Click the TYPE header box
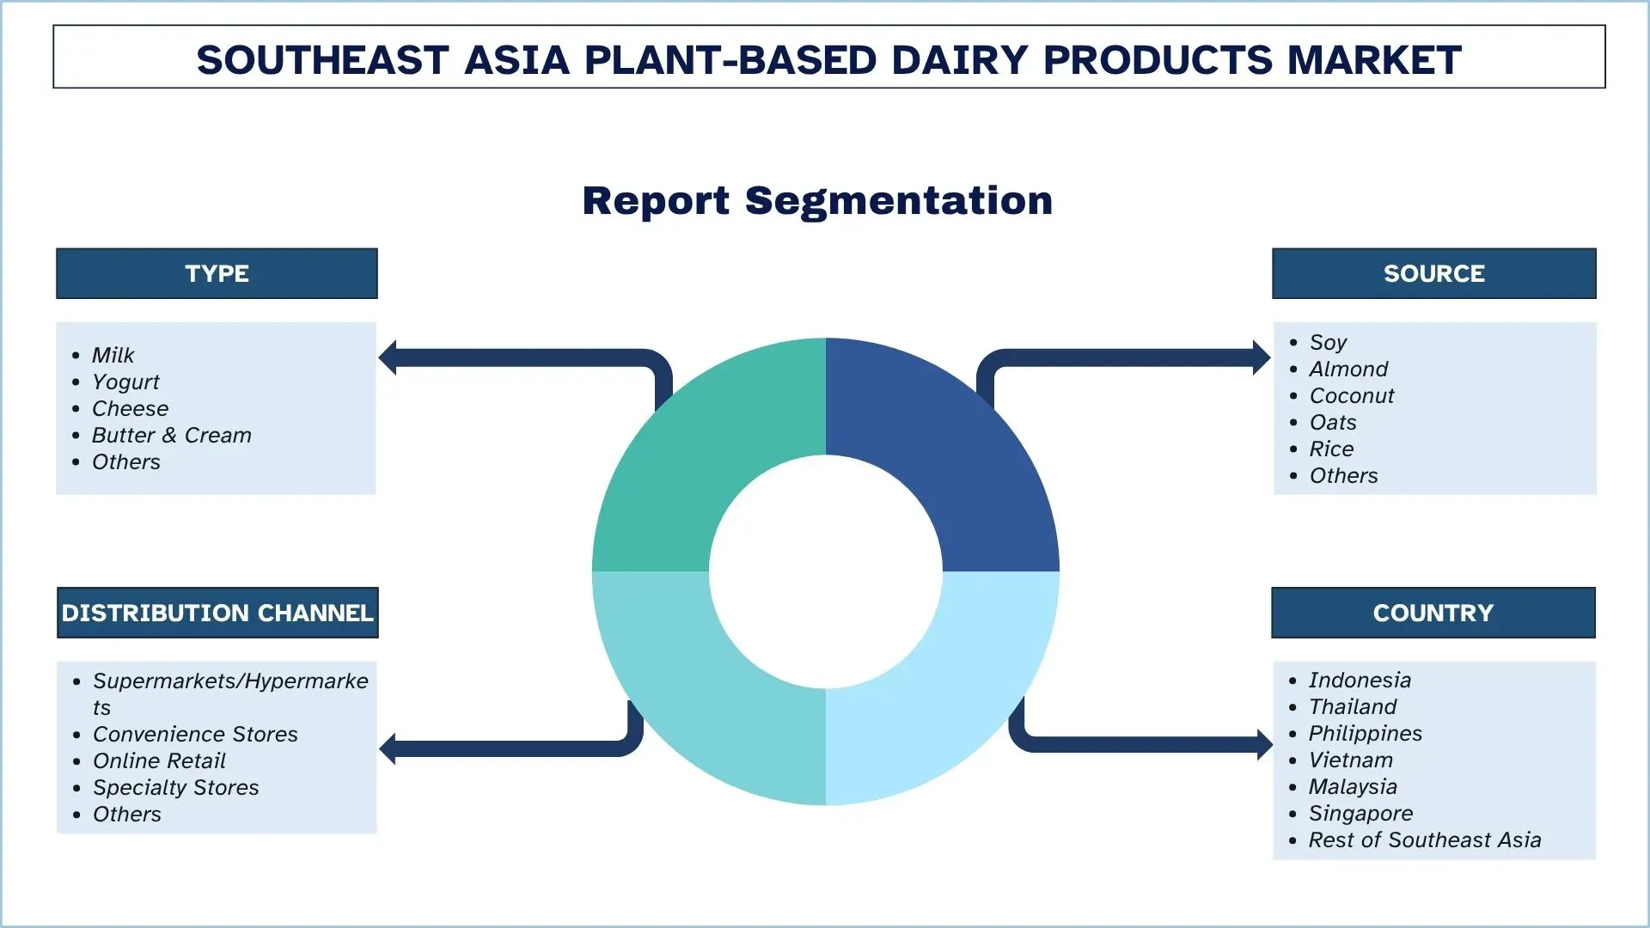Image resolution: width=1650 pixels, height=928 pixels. (217, 273)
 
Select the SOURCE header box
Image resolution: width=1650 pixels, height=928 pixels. (1433, 273)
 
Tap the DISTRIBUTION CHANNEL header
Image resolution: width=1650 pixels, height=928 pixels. (217, 613)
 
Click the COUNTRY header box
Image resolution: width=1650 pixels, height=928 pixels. (1433, 613)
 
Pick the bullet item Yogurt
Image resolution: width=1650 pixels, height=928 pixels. (125, 382)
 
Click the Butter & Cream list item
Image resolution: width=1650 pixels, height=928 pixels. (171, 435)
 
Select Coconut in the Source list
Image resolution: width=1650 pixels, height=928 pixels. (1351, 395)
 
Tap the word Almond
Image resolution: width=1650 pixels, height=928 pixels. (1347, 369)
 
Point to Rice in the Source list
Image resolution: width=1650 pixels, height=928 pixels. (1330, 449)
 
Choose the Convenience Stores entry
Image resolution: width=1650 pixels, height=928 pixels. (195, 734)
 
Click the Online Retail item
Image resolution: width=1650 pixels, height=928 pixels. (159, 760)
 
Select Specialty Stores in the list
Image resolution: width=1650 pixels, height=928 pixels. (175, 787)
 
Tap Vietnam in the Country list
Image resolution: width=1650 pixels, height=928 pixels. (1350, 760)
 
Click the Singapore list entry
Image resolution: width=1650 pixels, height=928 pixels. (1360, 813)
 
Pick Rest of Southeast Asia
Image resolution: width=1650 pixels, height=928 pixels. (1424, 839)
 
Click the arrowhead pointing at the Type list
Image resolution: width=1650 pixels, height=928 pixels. (388, 357)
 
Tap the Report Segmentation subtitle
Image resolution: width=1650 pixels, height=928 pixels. (817, 200)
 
